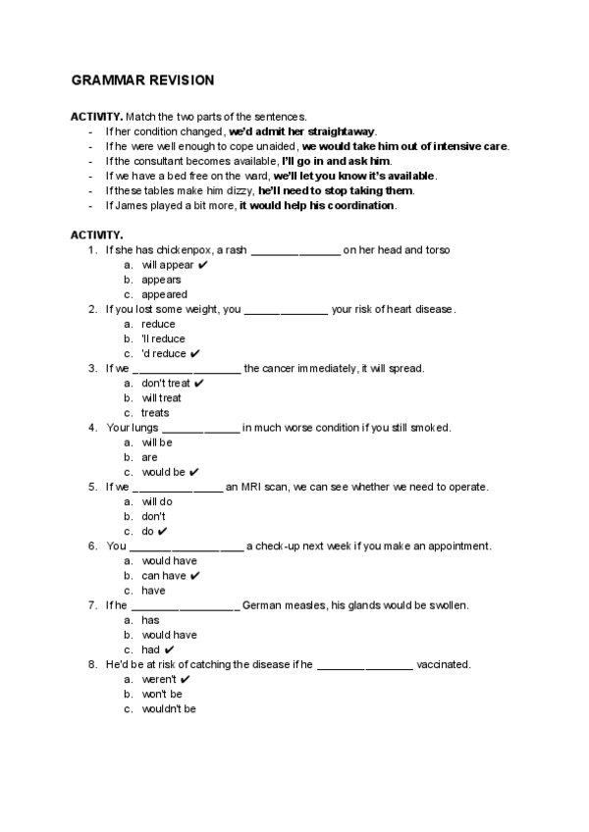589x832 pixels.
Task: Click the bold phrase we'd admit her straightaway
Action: point(302,131)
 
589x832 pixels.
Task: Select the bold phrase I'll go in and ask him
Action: point(336,161)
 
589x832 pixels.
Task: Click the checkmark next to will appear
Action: point(202,265)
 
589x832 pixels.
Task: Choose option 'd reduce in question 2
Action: point(163,353)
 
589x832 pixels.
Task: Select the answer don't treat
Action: point(166,384)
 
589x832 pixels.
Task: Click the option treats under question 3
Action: point(155,413)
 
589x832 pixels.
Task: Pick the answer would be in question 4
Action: point(163,472)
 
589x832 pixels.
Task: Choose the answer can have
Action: point(164,576)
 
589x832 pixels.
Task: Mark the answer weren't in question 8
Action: point(159,679)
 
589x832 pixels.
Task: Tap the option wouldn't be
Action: point(169,708)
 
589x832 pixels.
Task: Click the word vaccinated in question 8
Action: point(443,664)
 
